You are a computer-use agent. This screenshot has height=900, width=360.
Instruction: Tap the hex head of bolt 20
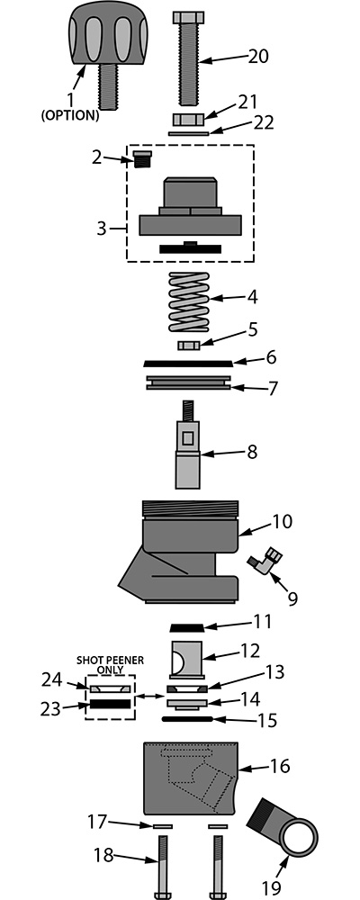[188, 18]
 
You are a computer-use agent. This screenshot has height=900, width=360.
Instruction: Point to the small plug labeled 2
[140, 159]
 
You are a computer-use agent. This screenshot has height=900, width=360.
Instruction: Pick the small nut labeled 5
[188, 345]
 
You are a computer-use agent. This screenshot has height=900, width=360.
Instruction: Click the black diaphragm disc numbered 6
[188, 364]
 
